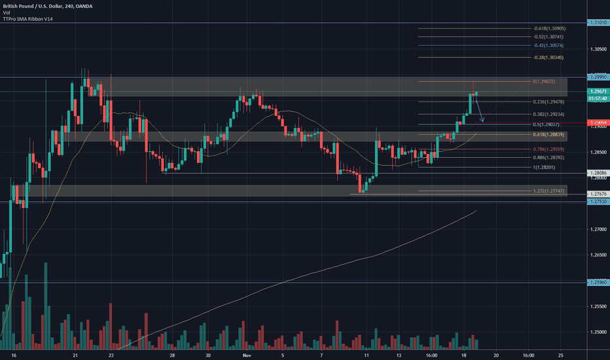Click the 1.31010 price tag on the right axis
coord(598,23)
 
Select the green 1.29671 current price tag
coord(598,92)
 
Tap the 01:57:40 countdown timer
coord(598,98)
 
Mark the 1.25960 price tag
coord(598,282)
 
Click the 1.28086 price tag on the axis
coord(598,173)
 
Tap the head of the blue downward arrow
coord(482,120)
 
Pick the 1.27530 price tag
coord(598,202)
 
